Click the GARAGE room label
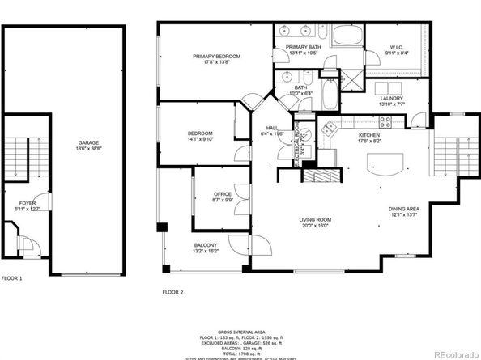coord(89,142)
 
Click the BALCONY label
coord(204,245)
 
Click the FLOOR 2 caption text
coord(173,291)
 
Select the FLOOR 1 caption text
coord(12,277)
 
